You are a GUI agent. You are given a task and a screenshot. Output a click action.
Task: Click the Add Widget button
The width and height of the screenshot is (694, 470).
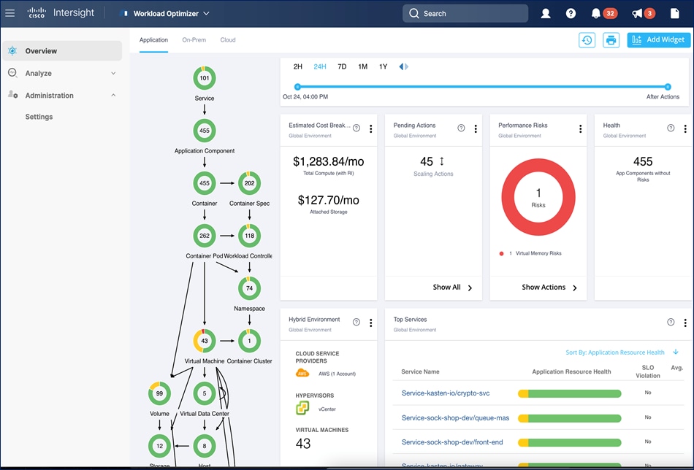(x=658, y=40)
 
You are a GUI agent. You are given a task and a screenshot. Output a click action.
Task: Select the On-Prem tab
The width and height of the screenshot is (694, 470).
(x=194, y=40)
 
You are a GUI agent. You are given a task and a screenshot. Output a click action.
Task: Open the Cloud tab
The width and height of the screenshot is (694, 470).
(x=228, y=40)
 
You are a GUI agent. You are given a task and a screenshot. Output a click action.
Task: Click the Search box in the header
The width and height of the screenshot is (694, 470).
(x=465, y=13)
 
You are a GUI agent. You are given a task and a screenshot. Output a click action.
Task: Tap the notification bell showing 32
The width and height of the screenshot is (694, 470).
(x=597, y=13)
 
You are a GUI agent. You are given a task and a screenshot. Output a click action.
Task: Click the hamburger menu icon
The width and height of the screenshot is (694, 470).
(x=10, y=13)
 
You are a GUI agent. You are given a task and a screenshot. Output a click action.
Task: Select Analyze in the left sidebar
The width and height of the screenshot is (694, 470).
(x=38, y=73)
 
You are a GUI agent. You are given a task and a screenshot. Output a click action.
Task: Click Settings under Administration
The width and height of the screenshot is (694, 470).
(x=39, y=117)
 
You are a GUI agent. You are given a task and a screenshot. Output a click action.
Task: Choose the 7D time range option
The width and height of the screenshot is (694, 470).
(x=342, y=66)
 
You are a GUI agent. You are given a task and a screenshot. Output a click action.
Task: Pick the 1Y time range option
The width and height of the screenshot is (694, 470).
(x=383, y=66)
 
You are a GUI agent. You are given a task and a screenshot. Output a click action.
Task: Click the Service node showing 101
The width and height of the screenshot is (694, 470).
(x=205, y=78)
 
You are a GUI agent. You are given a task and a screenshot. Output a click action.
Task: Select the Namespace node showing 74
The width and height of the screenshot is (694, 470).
(x=249, y=288)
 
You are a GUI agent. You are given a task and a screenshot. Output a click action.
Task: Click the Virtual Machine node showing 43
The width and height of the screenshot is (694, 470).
(x=205, y=341)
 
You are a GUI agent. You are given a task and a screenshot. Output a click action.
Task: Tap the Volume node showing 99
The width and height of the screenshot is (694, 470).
(x=159, y=393)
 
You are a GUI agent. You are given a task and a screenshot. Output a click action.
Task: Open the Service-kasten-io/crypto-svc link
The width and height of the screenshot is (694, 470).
(x=446, y=393)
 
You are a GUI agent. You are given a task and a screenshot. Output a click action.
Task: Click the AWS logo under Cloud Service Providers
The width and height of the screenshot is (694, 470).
(x=302, y=373)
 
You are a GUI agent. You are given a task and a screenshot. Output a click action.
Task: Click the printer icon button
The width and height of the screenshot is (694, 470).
(x=611, y=40)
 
